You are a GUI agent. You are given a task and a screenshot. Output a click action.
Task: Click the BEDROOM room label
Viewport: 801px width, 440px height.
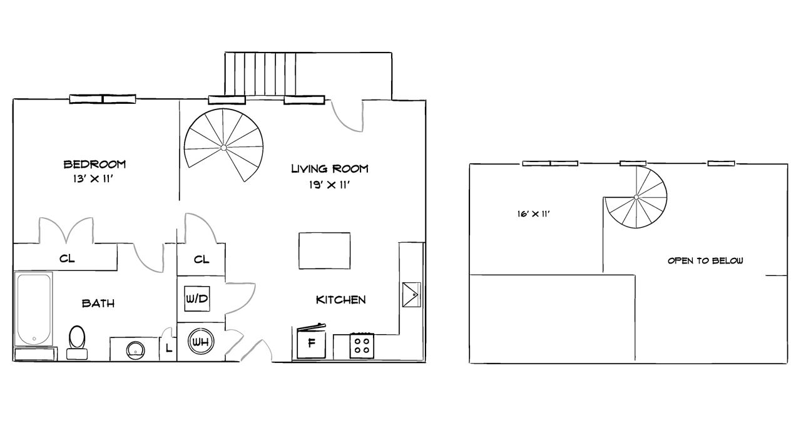[94, 164]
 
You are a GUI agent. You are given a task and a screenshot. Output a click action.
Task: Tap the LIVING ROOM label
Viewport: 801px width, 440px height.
[330, 168]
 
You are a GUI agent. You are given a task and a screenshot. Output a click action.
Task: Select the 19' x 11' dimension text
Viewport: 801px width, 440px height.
[330, 184]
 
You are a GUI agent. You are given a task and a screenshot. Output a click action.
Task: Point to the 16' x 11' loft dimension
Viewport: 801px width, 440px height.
[533, 214]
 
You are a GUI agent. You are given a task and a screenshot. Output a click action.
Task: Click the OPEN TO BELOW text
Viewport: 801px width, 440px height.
[705, 261]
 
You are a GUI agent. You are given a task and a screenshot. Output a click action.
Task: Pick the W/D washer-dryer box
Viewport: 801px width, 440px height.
[196, 299]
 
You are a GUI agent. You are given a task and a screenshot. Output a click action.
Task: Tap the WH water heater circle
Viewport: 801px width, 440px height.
[200, 342]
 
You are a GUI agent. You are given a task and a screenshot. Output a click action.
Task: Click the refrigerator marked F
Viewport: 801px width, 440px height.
[311, 343]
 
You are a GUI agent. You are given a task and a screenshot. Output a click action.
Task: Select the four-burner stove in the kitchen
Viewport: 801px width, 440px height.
[361, 345]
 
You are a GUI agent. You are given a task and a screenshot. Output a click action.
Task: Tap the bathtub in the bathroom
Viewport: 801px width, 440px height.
[33, 309]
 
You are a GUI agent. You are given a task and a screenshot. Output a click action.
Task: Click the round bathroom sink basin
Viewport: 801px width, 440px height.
[135, 349]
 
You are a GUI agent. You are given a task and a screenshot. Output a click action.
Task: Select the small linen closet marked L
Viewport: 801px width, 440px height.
[168, 349]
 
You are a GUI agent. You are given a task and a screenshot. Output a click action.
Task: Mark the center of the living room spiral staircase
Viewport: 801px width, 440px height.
[223, 148]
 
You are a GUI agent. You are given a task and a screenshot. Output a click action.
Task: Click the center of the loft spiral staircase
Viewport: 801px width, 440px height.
[636, 197]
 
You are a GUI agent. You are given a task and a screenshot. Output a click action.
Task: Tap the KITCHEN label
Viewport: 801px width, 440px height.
[340, 300]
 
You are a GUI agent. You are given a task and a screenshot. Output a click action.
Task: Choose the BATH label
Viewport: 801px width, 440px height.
[98, 304]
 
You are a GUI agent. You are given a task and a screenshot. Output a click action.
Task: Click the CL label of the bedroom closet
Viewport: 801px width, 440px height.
[67, 258]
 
